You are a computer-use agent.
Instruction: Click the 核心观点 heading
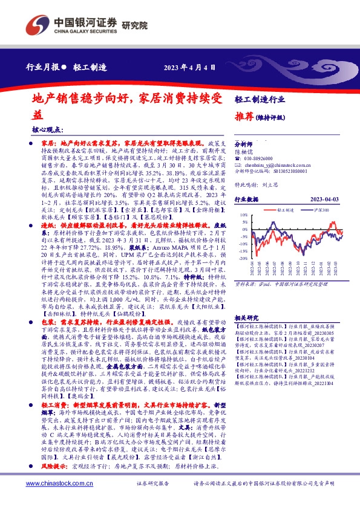coord(46,130)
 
